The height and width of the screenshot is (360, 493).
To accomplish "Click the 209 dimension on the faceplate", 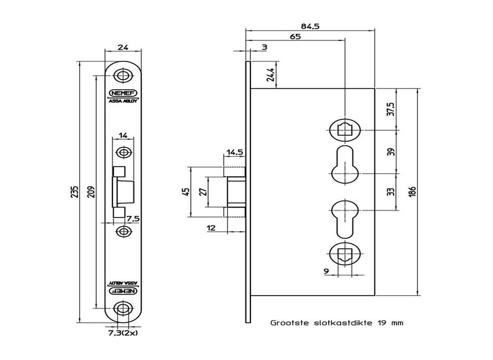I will pyautogui.click(x=90, y=192).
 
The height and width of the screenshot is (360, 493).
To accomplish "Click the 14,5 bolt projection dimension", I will pyautogui.click(x=234, y=152).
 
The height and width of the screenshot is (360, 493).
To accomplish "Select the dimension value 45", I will pyautogui.click(x=186, y=192).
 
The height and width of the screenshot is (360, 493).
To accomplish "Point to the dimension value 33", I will pyautogui.click(x=391, y=192).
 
